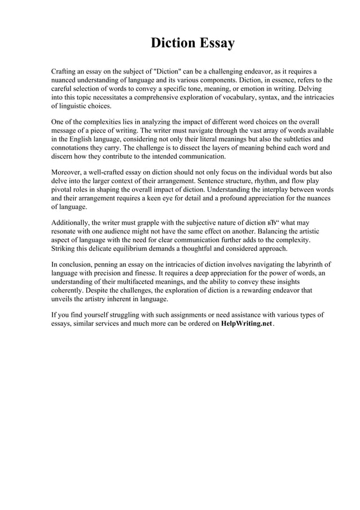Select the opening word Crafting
(65, 72)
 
